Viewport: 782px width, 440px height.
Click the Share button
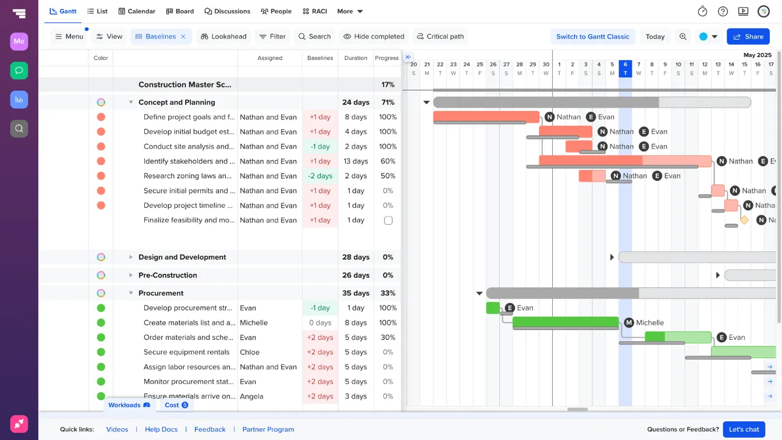[x=748, y=37]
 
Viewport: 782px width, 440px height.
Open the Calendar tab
[x=137, y=11]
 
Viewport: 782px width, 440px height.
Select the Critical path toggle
[x=440, y=37]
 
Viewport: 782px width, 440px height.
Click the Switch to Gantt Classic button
[x=592, y=37]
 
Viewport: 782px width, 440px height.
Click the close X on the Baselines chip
[x=183, y=37]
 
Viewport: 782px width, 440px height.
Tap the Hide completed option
[x=374, y=37]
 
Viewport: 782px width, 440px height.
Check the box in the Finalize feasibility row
[x=388, y=221]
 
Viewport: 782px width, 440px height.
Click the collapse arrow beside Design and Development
[x=131, y=257]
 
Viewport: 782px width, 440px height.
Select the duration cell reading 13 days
[x=356, y=161]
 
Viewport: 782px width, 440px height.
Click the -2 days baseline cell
[x=320, y=176]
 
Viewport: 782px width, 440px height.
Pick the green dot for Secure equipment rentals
[x=101, y=352]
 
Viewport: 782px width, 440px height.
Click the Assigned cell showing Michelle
[x=254, y=322]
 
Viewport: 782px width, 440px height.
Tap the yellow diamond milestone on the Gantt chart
[x=744, y=220]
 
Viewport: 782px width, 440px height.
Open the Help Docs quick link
[x=161, y=430]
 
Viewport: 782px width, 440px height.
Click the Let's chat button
[x=744, y=430]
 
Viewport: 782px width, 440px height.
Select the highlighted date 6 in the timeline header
[x=625, y=68]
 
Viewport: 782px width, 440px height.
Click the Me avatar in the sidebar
[x=19, y=41]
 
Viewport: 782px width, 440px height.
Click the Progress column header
[x=387, y=58]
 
